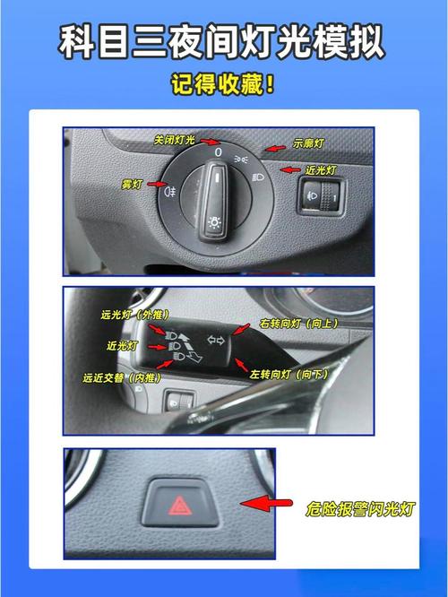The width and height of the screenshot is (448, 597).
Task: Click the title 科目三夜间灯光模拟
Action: (224, 41)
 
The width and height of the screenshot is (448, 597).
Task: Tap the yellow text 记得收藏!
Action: (224, 86)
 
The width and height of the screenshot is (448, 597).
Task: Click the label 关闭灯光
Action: (175, 141)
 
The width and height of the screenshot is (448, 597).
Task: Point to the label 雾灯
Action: (132, 184)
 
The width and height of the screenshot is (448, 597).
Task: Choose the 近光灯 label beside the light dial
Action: (319, 169)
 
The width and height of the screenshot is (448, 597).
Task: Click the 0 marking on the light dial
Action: (219, 153)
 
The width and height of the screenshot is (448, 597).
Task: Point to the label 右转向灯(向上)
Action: (298, 322)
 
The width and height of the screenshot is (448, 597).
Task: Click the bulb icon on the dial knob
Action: (215, 221)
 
